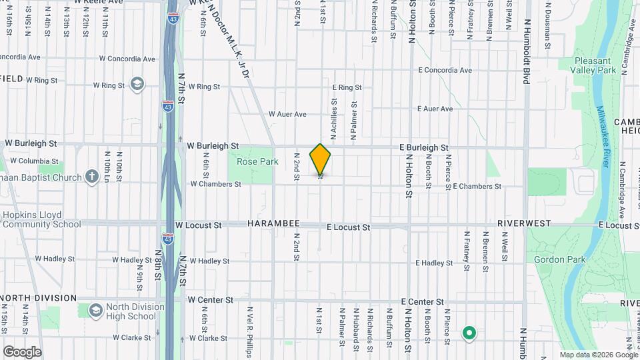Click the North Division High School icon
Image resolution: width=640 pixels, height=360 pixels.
coord(95,311)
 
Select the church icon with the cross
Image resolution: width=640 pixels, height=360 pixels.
coord(93,177)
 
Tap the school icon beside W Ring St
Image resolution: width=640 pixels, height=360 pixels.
coord(137,83)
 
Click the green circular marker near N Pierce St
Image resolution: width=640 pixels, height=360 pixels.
coord(469,333)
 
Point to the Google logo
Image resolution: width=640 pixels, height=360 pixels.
coord(22,351)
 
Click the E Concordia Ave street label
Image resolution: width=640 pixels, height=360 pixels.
coord(445,70)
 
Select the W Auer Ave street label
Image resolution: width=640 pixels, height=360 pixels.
coord(287,114)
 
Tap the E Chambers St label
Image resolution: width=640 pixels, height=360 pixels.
coord(477,187)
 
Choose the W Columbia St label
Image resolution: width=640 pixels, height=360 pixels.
coord(35,161)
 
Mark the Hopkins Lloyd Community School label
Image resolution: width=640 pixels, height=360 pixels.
coord(41,220)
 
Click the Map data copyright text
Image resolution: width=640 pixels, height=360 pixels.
coord(598,355)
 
